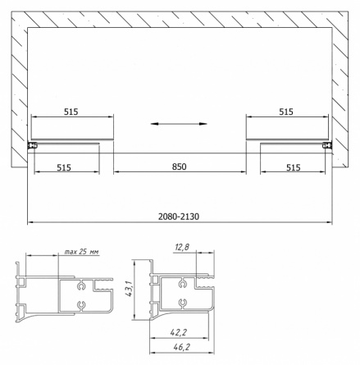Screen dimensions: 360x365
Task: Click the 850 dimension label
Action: coord(179,167)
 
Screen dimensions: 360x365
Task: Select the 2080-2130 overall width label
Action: coord(179,217)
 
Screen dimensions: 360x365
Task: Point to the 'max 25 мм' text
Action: coord(82,252)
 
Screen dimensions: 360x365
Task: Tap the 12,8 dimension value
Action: coord(182,248)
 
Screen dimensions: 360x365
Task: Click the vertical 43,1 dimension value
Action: coord(129,289)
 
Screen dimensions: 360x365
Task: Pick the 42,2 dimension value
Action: coord(178,332)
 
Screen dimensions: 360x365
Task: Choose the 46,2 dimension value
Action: coord(181,347)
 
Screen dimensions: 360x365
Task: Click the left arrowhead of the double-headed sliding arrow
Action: coord(155,124)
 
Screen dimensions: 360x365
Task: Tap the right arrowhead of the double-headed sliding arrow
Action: coord(203,124)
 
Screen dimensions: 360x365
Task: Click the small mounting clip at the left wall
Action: coord(32,146)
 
